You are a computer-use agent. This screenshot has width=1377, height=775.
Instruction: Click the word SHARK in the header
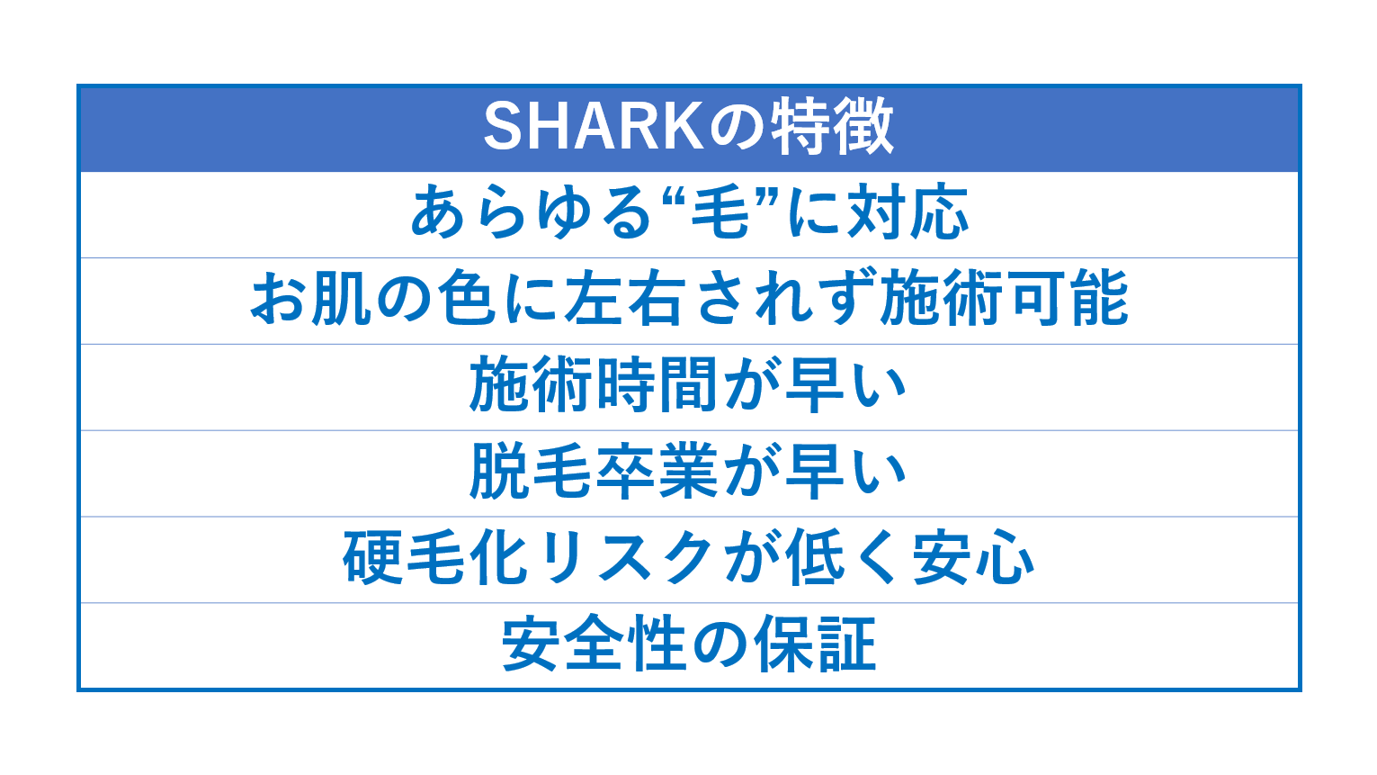[594, 127]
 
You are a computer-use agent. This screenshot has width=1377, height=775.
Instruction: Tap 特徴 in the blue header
[833, 127]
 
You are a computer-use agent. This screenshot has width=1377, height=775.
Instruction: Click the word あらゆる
[531, 212]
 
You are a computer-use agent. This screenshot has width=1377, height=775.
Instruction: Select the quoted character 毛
[720, 212]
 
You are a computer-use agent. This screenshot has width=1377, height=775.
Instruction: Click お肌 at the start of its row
[312, 299]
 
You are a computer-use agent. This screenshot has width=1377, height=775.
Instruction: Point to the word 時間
[657, 385]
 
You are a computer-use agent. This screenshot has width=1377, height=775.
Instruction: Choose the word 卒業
[657, 471]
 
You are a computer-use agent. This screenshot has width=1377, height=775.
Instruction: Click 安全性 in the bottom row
[594, 644]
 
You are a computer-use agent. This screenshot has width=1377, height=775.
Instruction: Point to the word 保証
[815, 644]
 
